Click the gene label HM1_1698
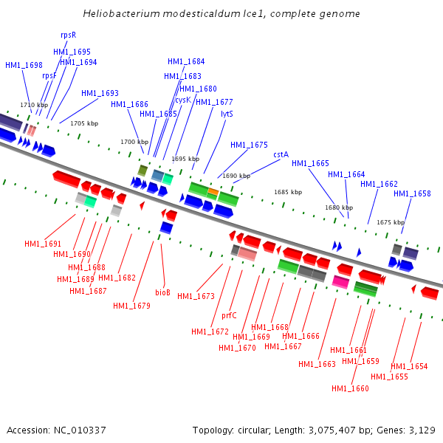tap(24, 66)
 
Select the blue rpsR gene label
tap(68, 35)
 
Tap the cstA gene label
tap(281, 154)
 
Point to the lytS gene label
tap(227, 114)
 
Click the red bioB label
tap(162, 292)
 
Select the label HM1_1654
tap(409, 366)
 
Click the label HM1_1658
tap(412, 193)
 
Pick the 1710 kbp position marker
tap(34, 105)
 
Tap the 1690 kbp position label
tap(236, 176)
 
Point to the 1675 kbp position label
tap(391, 222)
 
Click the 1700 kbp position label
tap(134, 142)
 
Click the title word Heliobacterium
tap(120, 14)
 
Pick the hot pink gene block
tap(340, 281)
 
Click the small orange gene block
tap(213, 192)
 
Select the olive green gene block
tap(142, 171)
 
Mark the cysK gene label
tap(183, 100)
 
